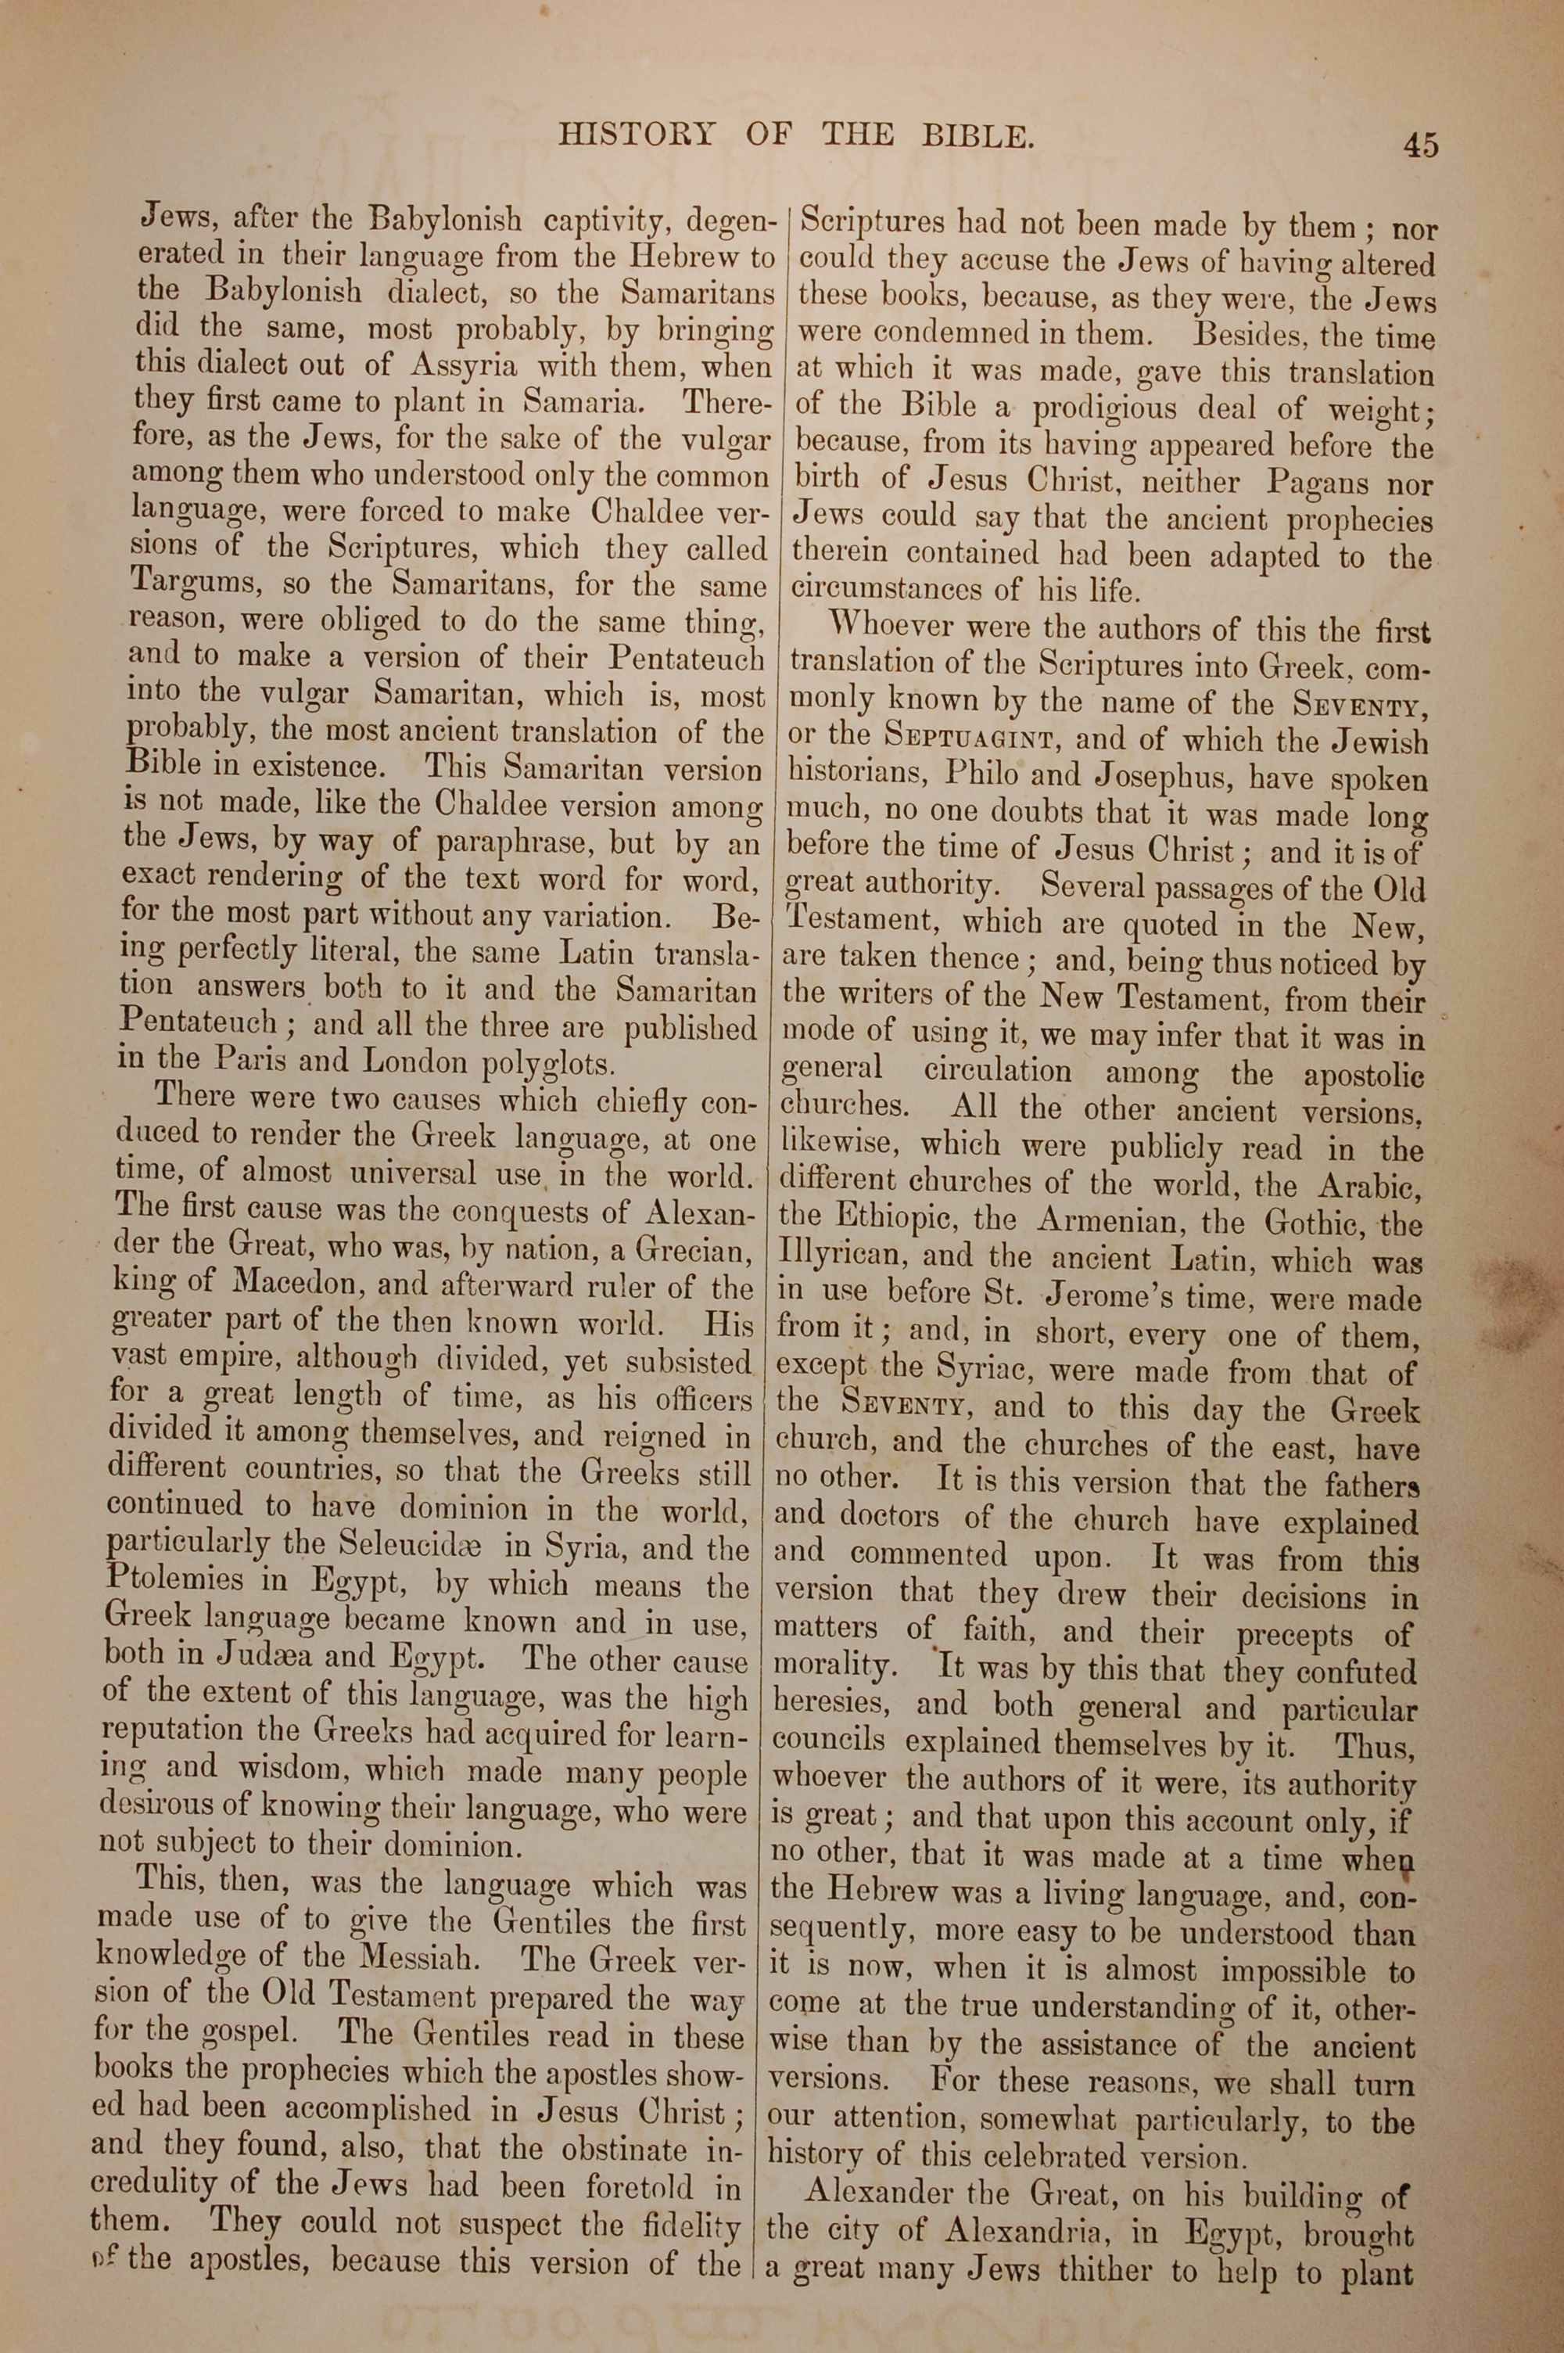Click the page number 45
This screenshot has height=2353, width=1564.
point(1420,145)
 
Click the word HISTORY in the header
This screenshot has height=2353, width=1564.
point(637,135)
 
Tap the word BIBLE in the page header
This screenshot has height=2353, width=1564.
point(975,135)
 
